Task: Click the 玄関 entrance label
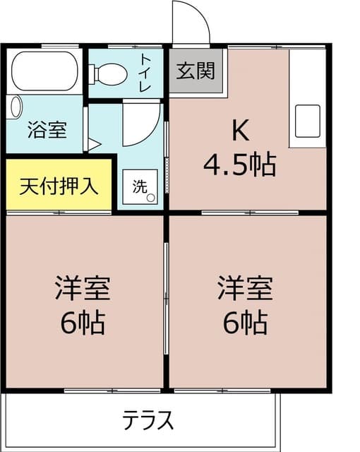pyautogui.click(x=196, y=72)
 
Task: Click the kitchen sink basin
pyautogui.click(x=309, y=121)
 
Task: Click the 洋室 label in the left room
pyautogui.click(x=83, y=290)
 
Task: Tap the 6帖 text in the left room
pyautogui.click(x=83, y=323)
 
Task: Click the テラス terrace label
pyautogui.click(x=148, y=420)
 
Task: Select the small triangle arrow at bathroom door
pyautogui.click(x=93, y=145)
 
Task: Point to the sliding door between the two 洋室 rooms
pyautogui.click(x=166, y=300)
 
